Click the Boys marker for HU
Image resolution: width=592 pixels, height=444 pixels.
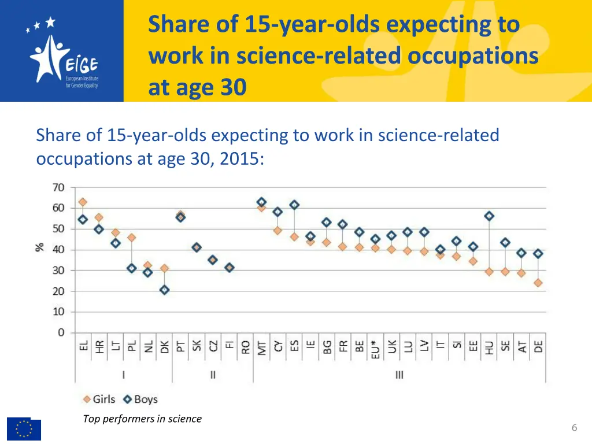(489, 216)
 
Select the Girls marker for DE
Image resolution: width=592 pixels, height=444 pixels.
(538, 283)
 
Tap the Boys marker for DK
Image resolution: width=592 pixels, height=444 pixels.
(165, 290)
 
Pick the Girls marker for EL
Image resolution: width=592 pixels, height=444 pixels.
(83, 202)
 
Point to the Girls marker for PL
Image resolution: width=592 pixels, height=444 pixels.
(132, 238)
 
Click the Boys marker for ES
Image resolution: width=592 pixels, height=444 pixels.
(294, 205)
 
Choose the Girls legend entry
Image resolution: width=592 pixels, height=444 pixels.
(99, 399)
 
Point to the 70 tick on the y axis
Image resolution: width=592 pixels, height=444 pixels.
(58, 187)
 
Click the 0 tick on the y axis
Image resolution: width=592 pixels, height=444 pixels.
(61, 332)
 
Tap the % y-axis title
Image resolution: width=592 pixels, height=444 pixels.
(40, 246)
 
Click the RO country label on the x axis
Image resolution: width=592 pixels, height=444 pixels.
(245, 347)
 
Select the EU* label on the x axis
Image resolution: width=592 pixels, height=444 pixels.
(376, 349)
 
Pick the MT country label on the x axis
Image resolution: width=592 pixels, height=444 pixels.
(261, 347)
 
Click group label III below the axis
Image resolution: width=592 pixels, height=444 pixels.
(399, 375)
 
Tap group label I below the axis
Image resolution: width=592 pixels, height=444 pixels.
(123, 375)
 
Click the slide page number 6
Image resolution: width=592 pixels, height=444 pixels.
(574, 428)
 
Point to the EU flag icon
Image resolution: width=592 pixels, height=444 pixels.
(24, 429)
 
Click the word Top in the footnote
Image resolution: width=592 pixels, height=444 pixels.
(91, 419)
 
